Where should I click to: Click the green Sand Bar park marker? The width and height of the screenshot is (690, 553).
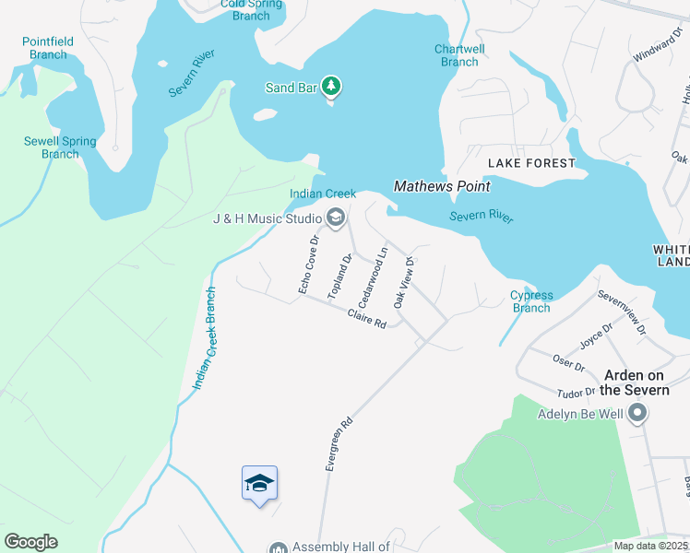pos(332,88)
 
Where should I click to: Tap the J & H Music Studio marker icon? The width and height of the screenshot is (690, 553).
pos(335,218)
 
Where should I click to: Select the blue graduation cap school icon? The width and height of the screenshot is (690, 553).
pos(259,484)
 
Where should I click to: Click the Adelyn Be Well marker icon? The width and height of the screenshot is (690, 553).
pos(636,414)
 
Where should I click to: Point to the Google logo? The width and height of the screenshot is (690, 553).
pos(30,541)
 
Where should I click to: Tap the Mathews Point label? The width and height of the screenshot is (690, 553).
pos(442,186)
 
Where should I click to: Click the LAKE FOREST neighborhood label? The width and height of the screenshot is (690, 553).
pos(531,163)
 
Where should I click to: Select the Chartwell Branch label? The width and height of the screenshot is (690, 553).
pos(459,55)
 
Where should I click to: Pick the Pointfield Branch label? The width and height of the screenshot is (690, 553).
pos(44,48)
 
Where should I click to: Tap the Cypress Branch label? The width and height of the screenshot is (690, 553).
pos(531,301)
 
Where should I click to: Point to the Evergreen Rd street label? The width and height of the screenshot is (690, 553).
pos(339,445)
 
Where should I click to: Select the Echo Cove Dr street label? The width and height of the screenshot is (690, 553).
pos(308,265)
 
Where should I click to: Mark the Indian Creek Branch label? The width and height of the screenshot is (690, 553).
pos(205,338)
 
